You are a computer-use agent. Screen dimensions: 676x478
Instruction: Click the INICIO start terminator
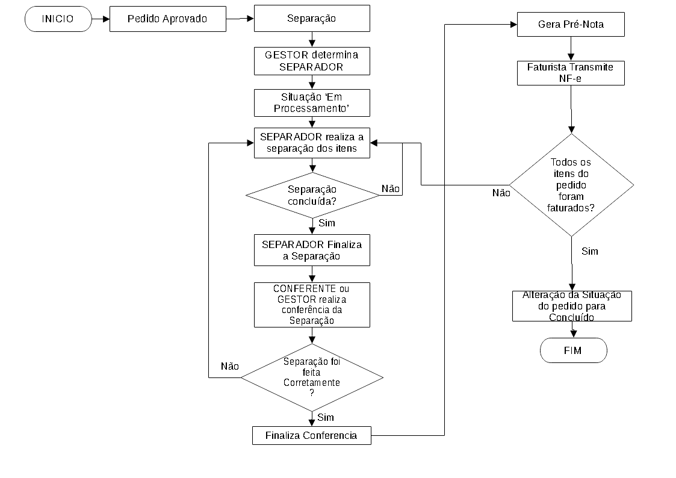(58, 19)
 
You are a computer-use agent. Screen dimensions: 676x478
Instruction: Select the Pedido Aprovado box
(168, 19)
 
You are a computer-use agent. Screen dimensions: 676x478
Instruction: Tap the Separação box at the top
(312, 19)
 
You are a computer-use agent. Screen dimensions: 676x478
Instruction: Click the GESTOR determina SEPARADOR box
(312, 61)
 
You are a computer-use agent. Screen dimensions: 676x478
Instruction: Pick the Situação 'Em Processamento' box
(312, 103)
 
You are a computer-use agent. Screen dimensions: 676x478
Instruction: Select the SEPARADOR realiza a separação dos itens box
(312, 143)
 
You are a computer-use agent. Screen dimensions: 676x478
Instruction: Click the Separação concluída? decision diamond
(312, 195)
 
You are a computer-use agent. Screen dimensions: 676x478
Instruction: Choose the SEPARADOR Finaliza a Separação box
(312, 250)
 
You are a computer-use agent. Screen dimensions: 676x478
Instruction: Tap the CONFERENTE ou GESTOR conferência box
(312, 305)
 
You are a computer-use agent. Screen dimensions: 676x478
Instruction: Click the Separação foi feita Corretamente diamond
(312, 377)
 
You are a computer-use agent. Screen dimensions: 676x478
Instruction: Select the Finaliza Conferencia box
(312, 435)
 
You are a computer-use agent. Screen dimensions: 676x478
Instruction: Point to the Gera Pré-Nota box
(571, 25)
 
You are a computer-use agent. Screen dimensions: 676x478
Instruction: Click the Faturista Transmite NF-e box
(571, 73)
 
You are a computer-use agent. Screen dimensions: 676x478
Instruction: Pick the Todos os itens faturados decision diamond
(572, 185)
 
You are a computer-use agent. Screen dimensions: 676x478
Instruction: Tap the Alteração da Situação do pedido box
(572, 306)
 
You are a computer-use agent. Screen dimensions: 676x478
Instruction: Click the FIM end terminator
(574, 350)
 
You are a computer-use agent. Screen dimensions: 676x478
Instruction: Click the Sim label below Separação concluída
(327, 223)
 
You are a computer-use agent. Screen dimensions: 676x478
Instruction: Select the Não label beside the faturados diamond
(501, 193)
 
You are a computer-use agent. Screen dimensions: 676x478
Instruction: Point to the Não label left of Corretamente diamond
(230, 367)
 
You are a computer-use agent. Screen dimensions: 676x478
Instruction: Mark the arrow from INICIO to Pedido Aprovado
(101, 19)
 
